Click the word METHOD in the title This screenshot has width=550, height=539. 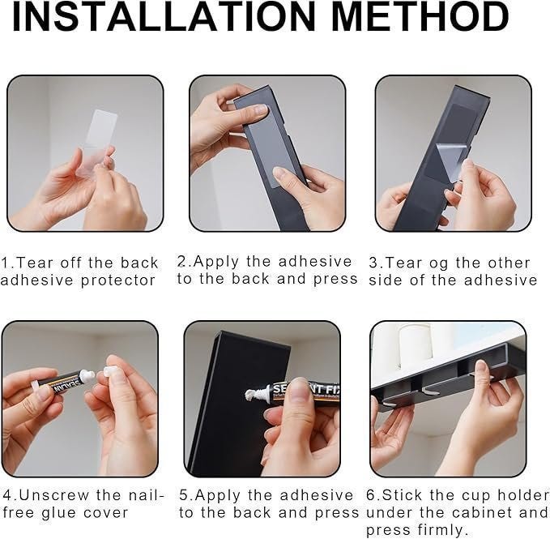click(x=420, y=17)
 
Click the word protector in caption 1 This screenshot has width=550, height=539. click(x=118, y=280)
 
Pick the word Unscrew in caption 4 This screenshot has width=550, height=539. click(x=55, y=495)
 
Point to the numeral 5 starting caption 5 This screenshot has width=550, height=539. click(x=184, y=495)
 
